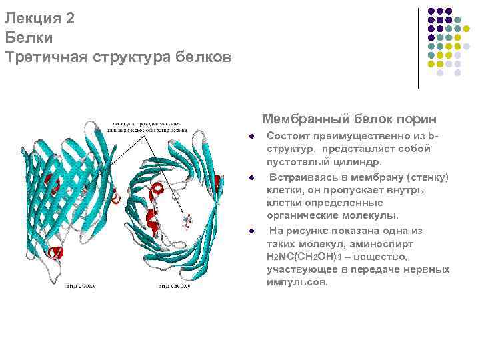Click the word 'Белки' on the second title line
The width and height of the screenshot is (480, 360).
click(x=28, y=38)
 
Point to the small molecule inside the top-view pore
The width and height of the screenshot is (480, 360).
click(x=188, y=219)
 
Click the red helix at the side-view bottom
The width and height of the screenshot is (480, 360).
click(x=55, y=252)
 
